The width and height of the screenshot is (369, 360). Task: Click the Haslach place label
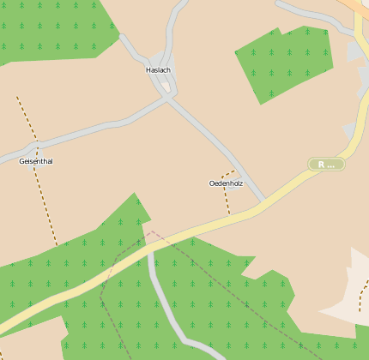click(159, 69)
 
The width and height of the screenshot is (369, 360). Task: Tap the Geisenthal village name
click(36, 161)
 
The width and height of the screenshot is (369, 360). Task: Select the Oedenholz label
click(226, 183)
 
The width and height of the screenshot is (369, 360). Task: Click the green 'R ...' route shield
click(327, 164)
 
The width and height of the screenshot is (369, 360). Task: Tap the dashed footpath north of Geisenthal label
click(26, 116)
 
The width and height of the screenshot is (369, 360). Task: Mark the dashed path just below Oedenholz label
click(227, 202)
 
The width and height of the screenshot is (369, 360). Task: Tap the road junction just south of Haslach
click(168, 97)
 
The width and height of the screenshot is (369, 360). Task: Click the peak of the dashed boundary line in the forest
click(151, 231)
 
